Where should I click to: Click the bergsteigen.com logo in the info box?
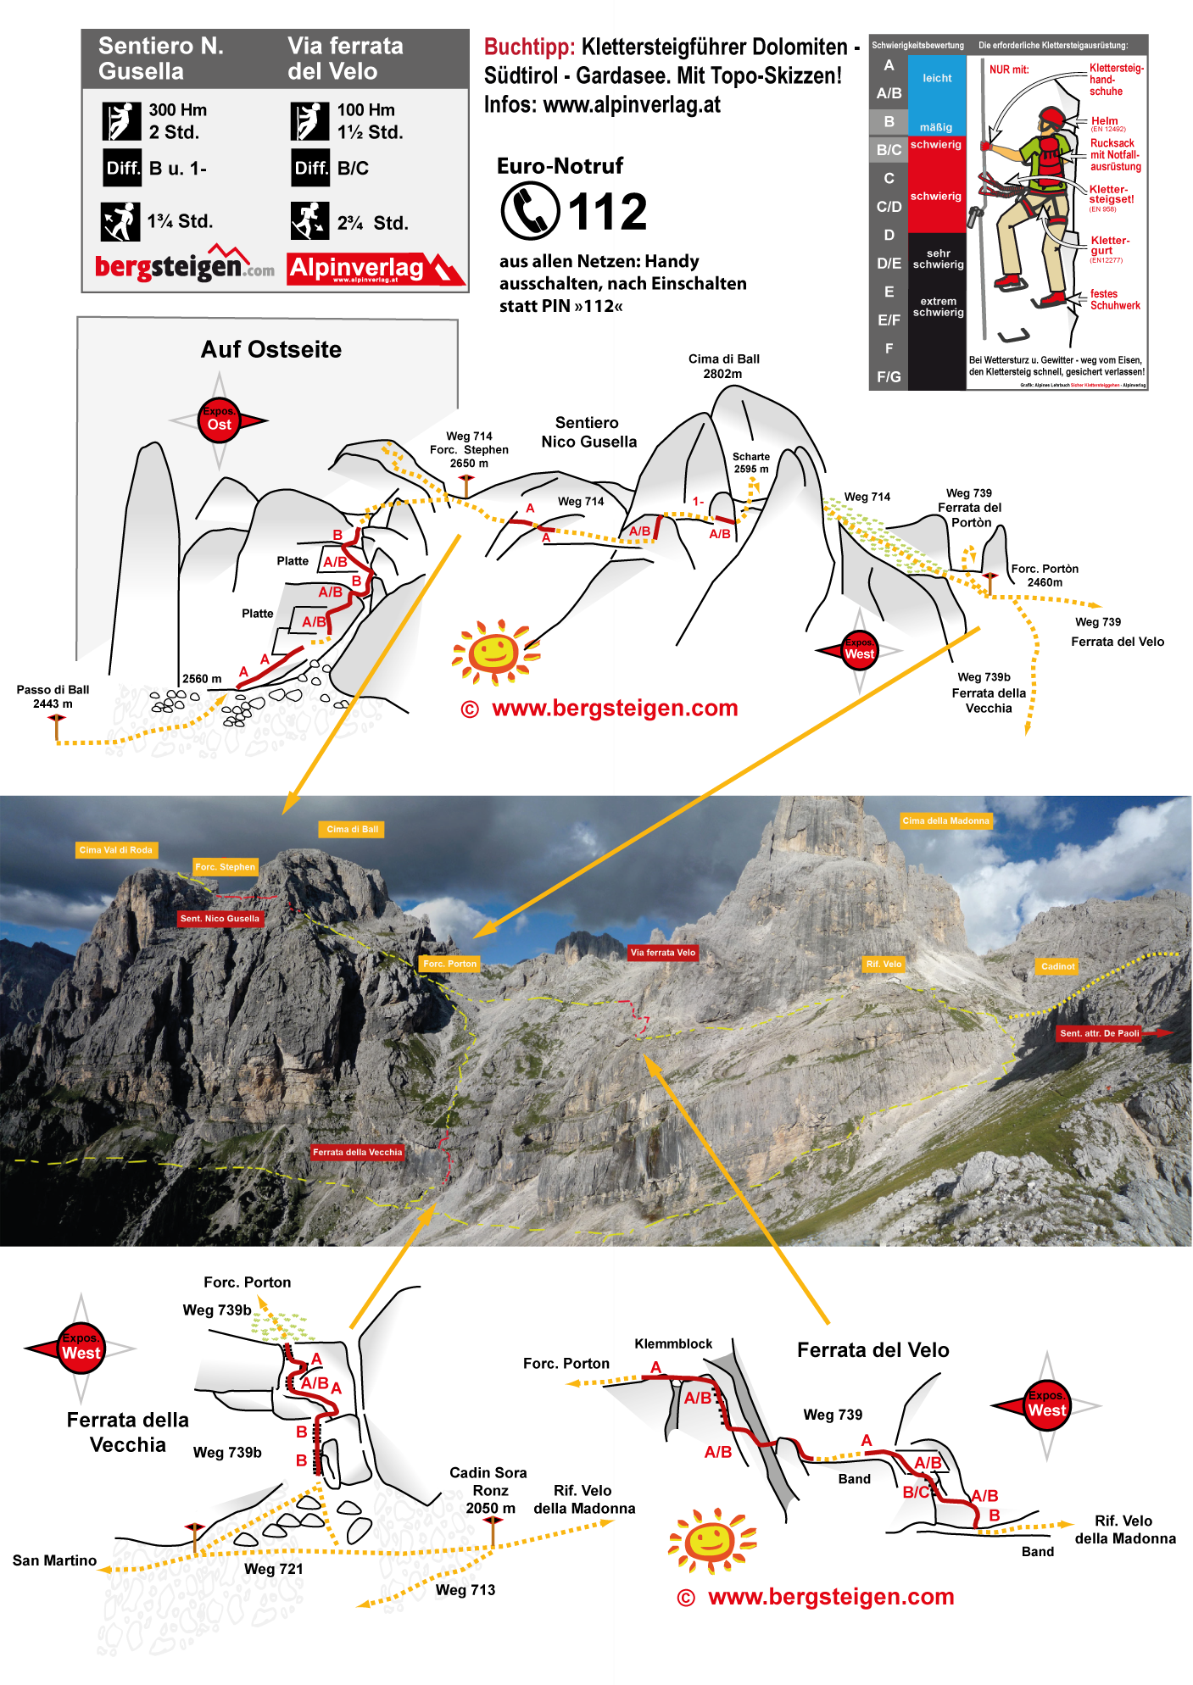(x=184, y=265)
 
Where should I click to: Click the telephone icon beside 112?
(x=530, y=211)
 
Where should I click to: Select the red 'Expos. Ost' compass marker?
(x=219, y=420)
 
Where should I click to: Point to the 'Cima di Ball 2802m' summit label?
(x=723, y=366)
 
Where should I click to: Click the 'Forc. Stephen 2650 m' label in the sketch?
(x=469, y=450)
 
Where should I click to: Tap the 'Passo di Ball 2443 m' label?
(x=53, y=697)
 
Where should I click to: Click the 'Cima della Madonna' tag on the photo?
(x=945, y=820)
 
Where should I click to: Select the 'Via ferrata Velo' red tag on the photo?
(x=662, y=953)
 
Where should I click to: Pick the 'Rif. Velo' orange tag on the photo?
(x=884, y=964)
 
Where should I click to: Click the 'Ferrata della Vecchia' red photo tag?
(x=357, y=1152)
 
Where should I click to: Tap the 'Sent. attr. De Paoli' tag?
(x=1100, y=1033)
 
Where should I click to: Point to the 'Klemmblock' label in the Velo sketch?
(x=673, y=1344)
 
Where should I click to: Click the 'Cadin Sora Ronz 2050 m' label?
(x=488, y=1491)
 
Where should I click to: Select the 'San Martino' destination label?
(x=54, y=1560)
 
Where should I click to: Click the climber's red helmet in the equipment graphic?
(x=1051, y=116)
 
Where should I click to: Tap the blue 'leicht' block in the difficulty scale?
(x=937, y=79)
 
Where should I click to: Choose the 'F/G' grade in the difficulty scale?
(x=889, y=376)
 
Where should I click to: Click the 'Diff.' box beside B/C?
(x=310, y=168)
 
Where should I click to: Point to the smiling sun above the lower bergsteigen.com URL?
(x=711, y=1540)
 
